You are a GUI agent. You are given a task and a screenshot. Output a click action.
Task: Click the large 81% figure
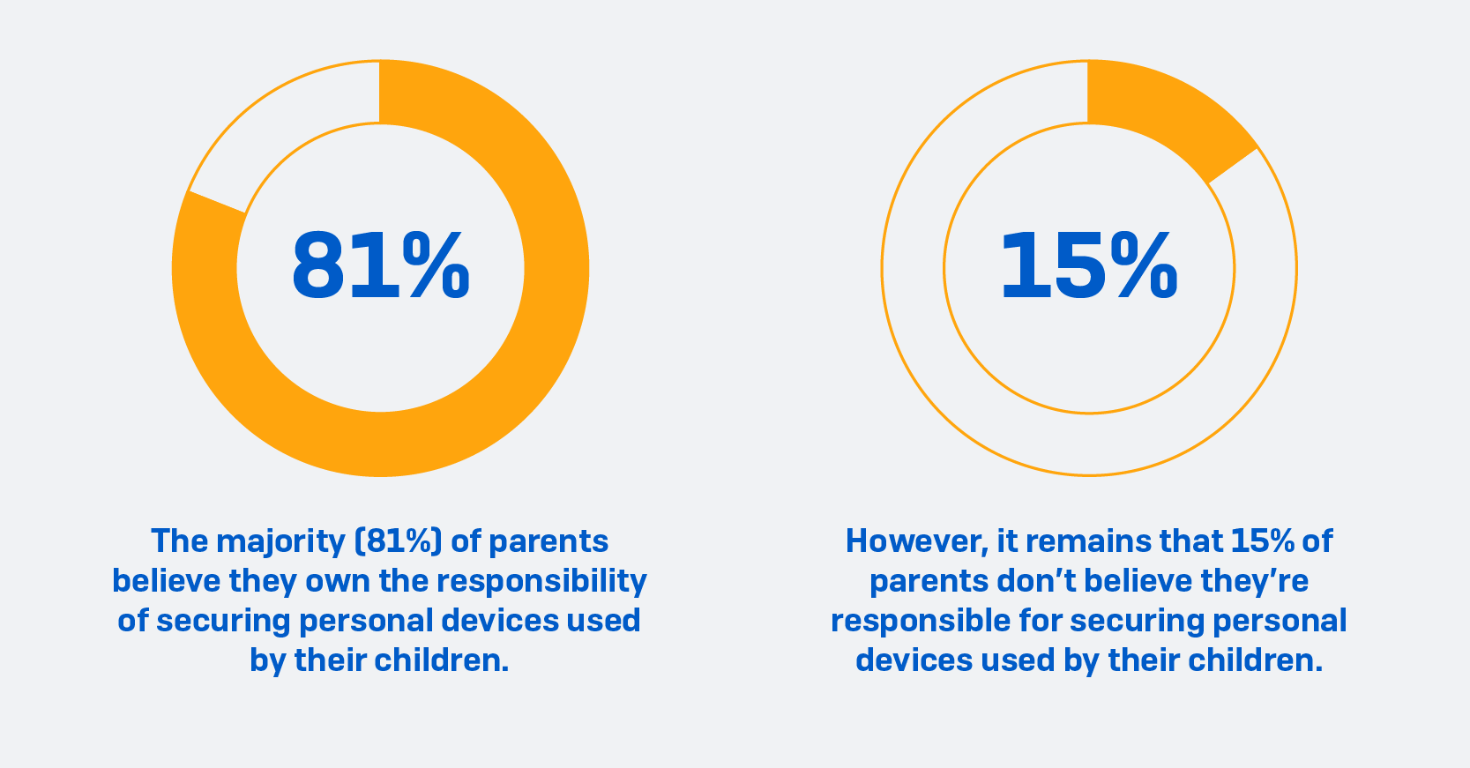pyautogui.click(x=380, y=266)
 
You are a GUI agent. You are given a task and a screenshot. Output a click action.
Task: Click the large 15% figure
pyautogui.click(x=1088, y=266)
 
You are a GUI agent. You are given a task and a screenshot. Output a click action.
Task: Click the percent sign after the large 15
pyautogui.click(x=1143, y=266)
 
